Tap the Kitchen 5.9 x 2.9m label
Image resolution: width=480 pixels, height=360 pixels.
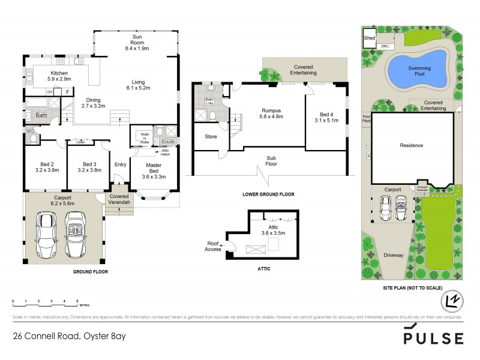(x=59, y=76)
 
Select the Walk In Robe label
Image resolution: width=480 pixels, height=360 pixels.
(x=144, y=137)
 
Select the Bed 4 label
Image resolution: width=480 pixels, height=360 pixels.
(x=326, y=117)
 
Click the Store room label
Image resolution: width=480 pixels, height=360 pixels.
(x=211, y=137)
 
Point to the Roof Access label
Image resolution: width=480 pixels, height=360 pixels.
(x=212, y=246)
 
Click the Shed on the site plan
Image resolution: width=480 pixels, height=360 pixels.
(x=370, y=39)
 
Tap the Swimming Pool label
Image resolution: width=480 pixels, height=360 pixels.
(x=419, y=71)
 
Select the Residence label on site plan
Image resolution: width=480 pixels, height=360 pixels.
(x=411, y=145)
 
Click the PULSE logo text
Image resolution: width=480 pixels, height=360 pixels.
(x=433, y=338)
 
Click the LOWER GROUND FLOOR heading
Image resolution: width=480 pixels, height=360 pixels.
(x=268, y=194)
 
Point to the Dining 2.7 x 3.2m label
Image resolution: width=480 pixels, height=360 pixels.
(x=94, y=102)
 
